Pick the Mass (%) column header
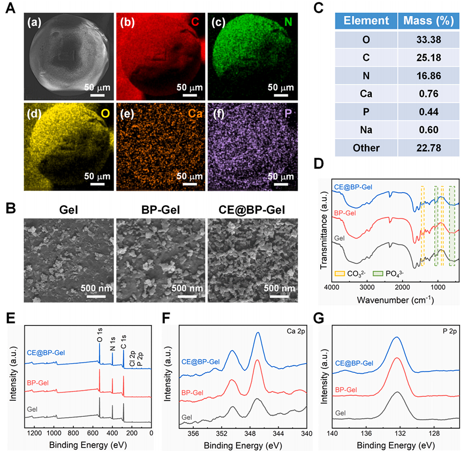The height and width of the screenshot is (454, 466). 428,21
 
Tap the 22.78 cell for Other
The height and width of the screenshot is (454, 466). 428,148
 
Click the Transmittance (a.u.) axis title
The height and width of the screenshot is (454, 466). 323,231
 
